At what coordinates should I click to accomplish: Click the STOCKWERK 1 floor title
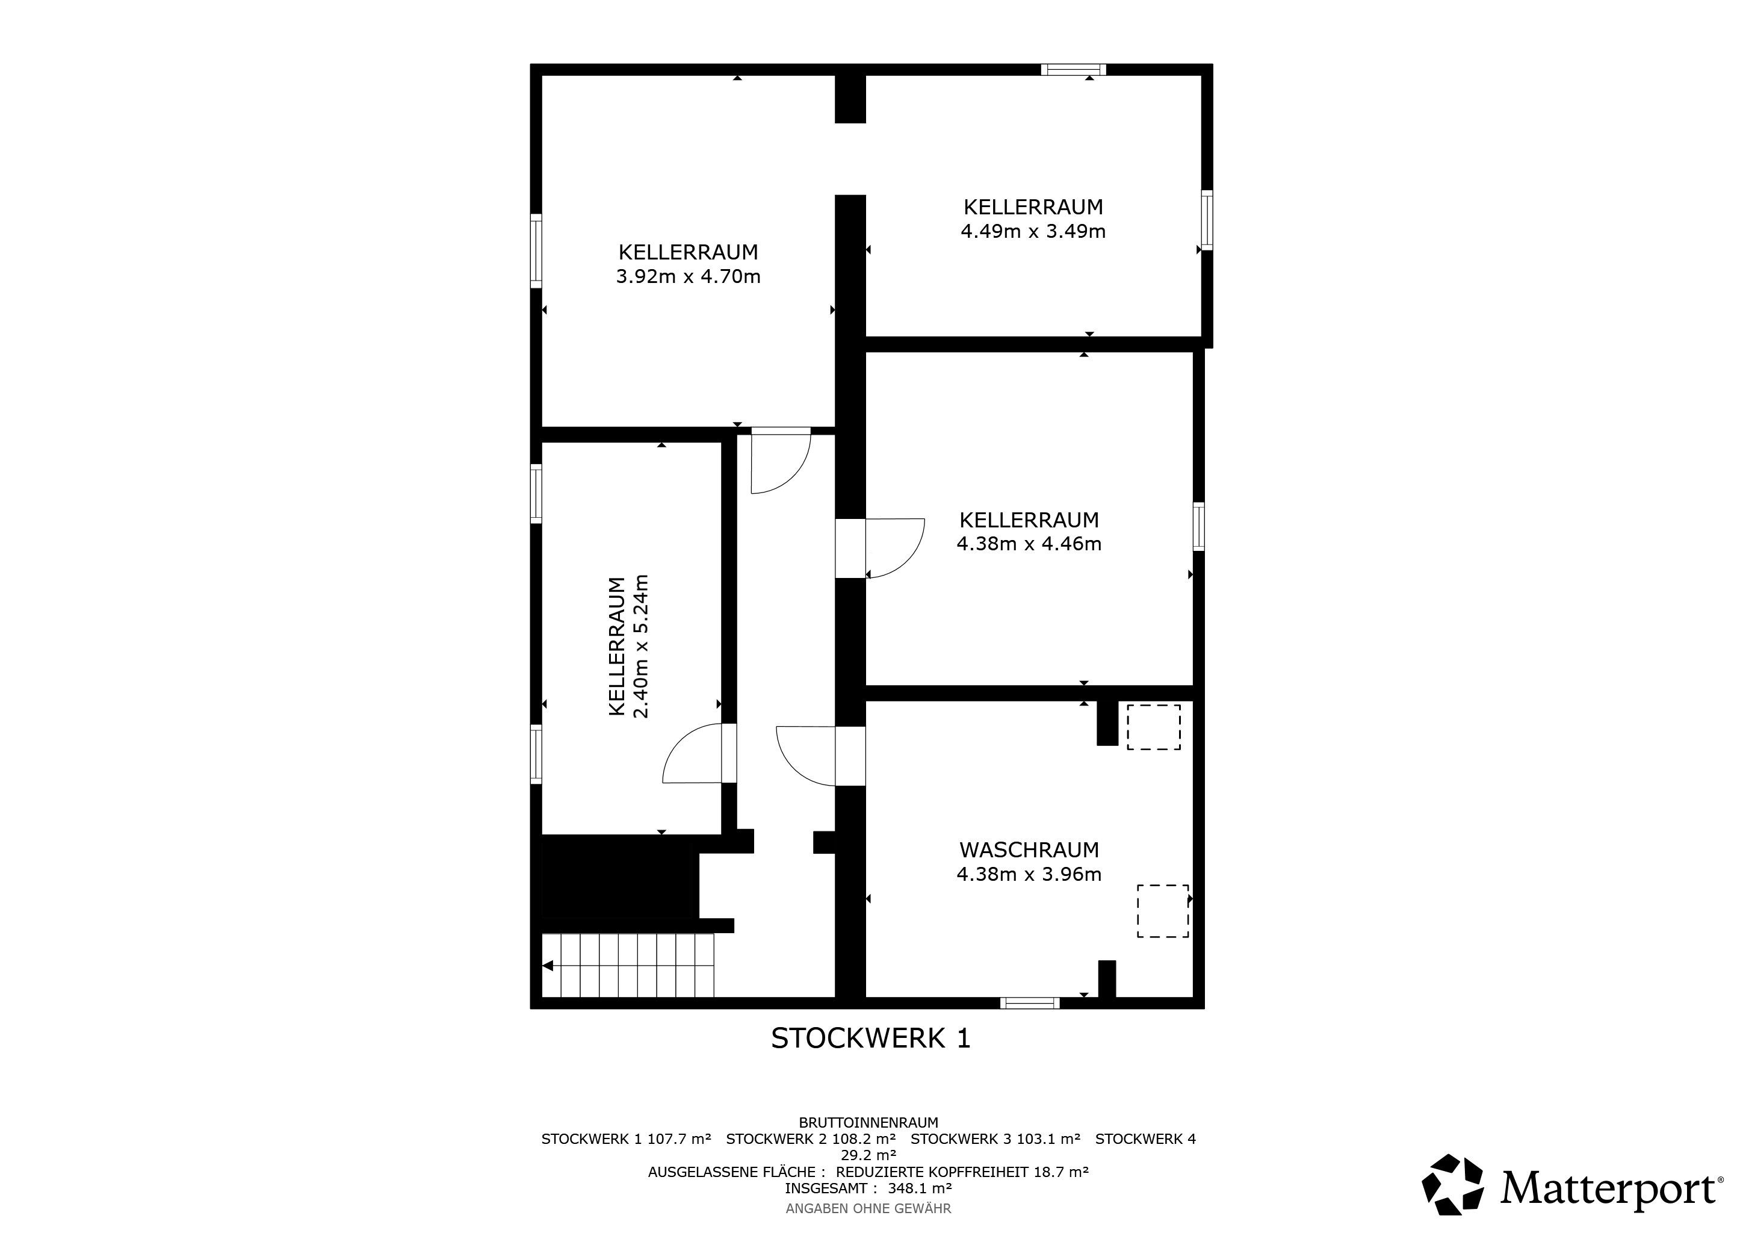coord(871,1038)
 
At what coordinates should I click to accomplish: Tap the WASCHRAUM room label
coord(1029,849)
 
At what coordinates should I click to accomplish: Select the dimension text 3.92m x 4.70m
coord(688,276)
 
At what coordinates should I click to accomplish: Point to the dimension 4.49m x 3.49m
coord(1033,231)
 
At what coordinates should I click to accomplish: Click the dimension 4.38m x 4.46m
coord(1029,544)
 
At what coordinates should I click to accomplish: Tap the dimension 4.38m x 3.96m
coord(1029,874)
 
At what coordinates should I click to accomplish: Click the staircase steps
coord(628,965)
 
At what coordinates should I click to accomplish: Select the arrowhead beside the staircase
coord(547,966)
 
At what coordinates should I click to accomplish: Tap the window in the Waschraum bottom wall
coord(1029,1003)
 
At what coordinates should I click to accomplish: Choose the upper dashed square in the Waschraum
coord(1153,727)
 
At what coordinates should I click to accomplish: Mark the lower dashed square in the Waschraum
coord(1163,911)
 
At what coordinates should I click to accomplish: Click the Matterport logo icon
coord(1452,1190)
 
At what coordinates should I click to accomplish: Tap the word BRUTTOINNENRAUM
coord(868,1122)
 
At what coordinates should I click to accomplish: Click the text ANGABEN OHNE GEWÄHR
coord(868,1208)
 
